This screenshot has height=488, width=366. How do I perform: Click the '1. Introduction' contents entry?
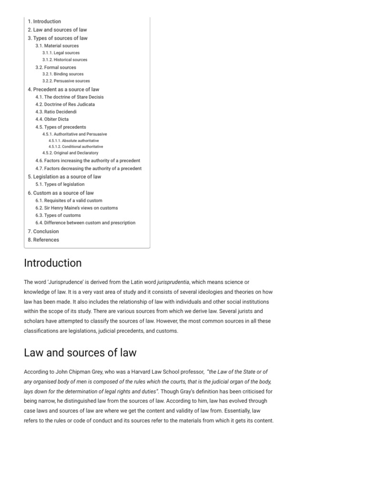(x=44, y=21)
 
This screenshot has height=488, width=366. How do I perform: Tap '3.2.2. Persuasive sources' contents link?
(x=66, y=81)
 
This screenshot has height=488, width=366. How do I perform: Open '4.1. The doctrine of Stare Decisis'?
(x=69, y=97)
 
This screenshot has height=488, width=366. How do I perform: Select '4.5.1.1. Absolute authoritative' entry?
(x=73, y=141)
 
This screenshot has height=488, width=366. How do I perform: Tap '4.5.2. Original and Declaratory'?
(x=70, y=153)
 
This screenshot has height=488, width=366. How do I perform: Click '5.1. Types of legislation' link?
(x=60, y=184)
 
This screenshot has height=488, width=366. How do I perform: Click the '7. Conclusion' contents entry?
(x=43, y=232)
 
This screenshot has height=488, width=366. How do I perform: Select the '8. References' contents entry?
(x=43, y=240)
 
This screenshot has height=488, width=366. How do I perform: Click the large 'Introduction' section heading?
(x=52, y=263)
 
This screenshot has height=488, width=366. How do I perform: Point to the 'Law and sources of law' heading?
(x=80, y=353)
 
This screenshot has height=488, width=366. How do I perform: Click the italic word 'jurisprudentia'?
(x=173, y=283)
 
